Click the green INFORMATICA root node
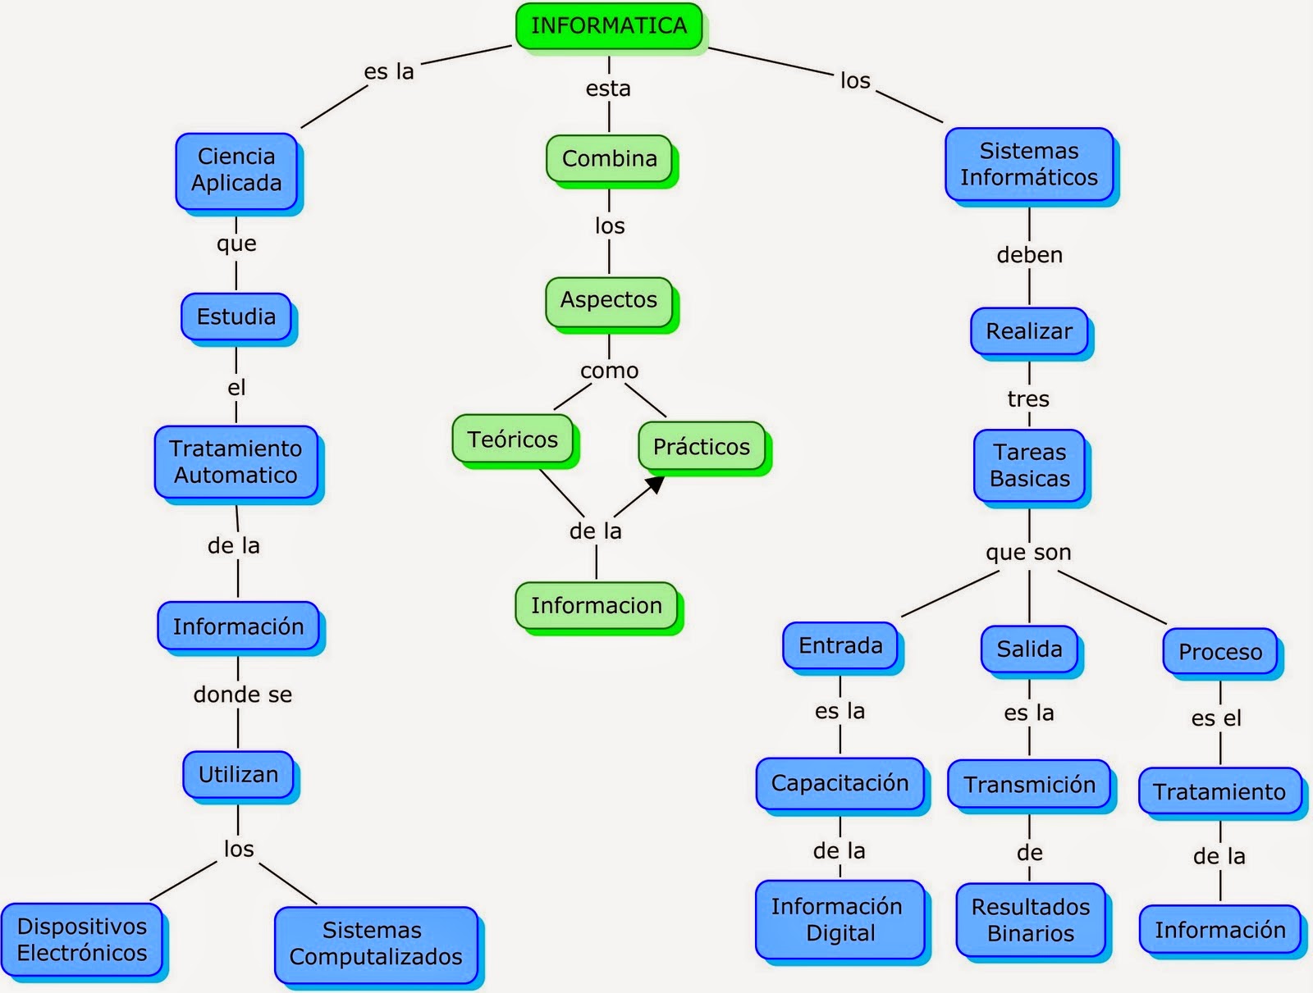click(608, 25)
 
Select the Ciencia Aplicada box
click(236, 170)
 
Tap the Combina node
click(609, 158)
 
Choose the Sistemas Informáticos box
click(1028, 164)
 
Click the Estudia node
click(236, 317)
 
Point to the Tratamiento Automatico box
click(236, 462)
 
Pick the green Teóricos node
click(512, 440)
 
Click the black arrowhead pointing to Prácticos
click(654, 485)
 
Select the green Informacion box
click(596, 606)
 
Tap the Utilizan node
click(238, 774)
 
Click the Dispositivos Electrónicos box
click(82, 940)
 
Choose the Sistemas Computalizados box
click(376, 944)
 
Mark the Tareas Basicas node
click(1029, 465)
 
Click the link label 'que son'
click(1028, 553)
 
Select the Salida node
click(1029, 649)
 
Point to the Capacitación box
click(839, 783)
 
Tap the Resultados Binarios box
click(1031, 920)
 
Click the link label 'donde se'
click(242, 695)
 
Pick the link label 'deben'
click(1029, 255)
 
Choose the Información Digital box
click(839, 919)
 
